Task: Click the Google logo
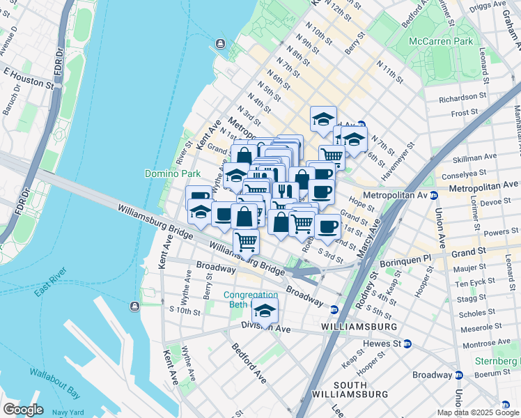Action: tap(23, 410)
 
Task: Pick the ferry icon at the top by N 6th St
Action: tap(221, 45)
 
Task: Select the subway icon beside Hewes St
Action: tap(407, 343)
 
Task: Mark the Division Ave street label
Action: tap(265, 327)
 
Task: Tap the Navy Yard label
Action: tap(68, 412)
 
